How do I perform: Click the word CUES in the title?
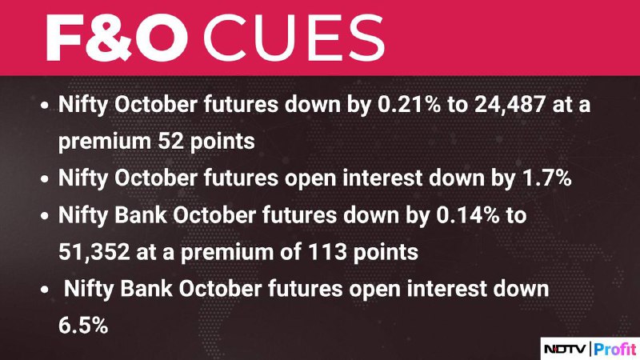tap(294, 38)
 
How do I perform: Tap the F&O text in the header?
tap(117, 38)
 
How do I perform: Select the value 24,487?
tap(510, 104)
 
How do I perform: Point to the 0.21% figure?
tap(409, 104)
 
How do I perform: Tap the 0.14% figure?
tap(468, 214)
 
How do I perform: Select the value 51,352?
tap(94, 252)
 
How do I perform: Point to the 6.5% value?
tap(83, 326)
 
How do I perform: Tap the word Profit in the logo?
tap(614, 349)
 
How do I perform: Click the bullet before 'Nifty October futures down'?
tap(45, 106)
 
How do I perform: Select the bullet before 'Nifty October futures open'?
tap(45, 179)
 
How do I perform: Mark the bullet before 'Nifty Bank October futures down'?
tap(45, 216)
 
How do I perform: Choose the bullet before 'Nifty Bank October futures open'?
tap(45, 290)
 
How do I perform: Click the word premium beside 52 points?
tap(105, 142)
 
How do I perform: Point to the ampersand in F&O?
tap(107, 38)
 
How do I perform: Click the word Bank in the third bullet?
tap(141, 214)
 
